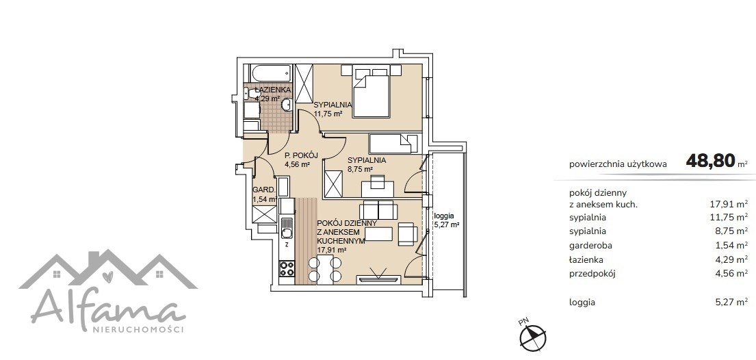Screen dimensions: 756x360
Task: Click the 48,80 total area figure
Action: point(711,160)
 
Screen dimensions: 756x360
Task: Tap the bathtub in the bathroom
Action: point(270,75)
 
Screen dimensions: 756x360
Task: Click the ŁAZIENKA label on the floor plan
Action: point(273,90)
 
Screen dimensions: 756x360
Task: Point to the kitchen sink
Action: point(287,229)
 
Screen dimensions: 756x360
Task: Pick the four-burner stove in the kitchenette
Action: point(287,268)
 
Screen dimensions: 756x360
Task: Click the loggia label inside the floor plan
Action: point(444,216)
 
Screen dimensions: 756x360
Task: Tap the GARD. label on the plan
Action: point(263,190)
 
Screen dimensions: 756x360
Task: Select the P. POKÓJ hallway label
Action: point(301,155)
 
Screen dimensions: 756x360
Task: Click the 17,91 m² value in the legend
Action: point(728,204)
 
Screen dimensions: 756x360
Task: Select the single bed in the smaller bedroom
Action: point(393,144)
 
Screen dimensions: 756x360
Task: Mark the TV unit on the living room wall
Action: point(378,279)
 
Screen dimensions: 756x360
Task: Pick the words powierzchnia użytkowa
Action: point(618,164)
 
